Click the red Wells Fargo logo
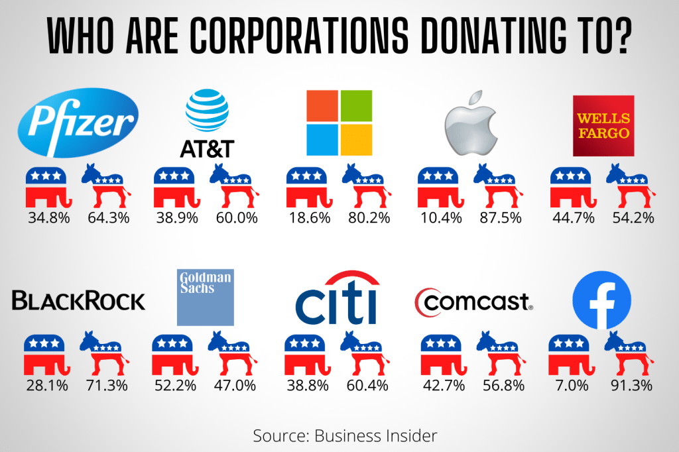[x=603, y=126]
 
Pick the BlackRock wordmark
[x=78, y=302]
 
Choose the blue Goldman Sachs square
[x=206, y=298]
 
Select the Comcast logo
[x=473, y=302]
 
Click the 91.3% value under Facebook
[x=634, y=385]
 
